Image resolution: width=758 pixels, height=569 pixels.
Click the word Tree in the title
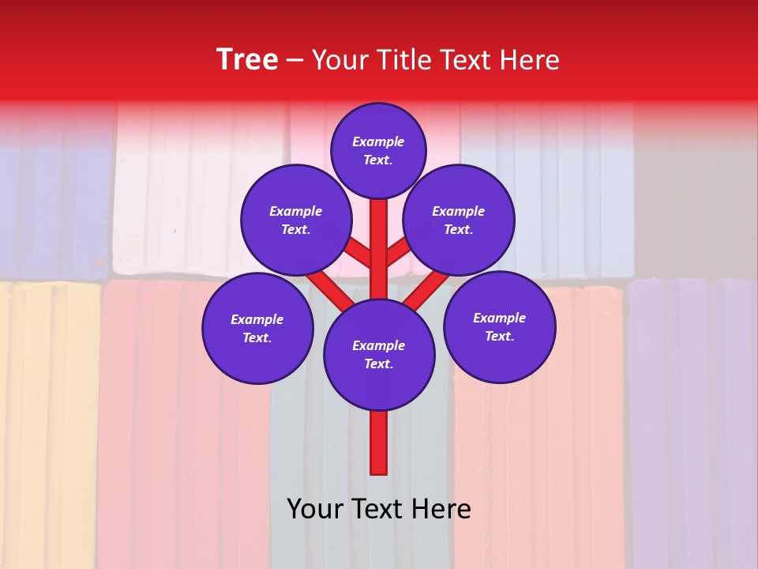coord(247,60)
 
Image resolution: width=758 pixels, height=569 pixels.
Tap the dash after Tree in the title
coord(295,61)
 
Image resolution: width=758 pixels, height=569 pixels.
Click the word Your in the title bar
coord(338,60)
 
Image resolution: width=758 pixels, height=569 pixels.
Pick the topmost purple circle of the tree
coord(378,151)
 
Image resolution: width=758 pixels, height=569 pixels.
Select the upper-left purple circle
coord(295,220)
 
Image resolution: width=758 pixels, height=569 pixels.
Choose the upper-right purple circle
coord(459,220)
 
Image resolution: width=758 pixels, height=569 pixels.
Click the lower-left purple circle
coord(257,328)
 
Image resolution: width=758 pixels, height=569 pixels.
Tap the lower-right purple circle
coord(499,326)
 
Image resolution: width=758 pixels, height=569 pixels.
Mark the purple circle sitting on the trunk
coord(379,355)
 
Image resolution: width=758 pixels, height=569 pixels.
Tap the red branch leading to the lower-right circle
coord(429,288)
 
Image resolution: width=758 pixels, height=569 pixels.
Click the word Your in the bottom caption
coord(314,509)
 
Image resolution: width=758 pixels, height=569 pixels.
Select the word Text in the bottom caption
coord(378,509)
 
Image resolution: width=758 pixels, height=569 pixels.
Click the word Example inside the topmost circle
coord(378,142)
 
